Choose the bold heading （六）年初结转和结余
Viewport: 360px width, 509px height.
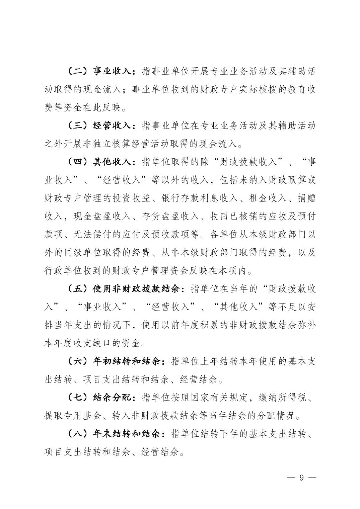[114, 362]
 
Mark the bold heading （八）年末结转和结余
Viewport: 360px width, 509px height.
[114, 434]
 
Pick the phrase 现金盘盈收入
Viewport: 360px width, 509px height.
[102, 217]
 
